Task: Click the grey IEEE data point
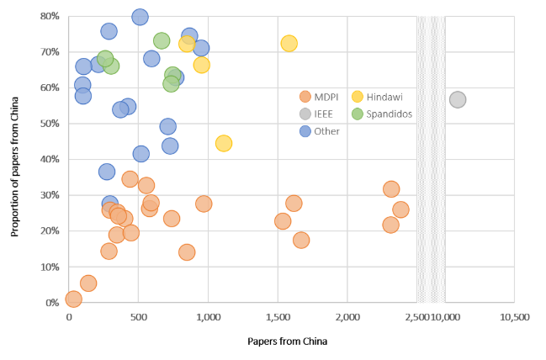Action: pyautogui.click(x=458, y=100)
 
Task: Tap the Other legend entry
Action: pyautogui.click(x=322, y=131)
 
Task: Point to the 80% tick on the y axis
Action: pyautogui.click(x=49, y=16)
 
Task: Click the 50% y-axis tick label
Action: pyautogui.click(x=49, y=124)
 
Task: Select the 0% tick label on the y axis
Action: pyautogui.click(x=51, y=303)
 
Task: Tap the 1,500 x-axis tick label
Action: pyautogui.click(x=278, y=317)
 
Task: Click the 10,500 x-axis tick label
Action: pyautogui.click(x=513, y=317)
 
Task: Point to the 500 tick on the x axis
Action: pyautogui.click(x=138, y=317)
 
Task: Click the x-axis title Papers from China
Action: pyautogui.click(x=286, y=341)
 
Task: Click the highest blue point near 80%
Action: pyautogui.click(x=140, y=17)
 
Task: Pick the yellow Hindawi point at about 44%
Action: pyautogui.click(x=224, y=143)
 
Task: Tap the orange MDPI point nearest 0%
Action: pyautogui.click(x=74, y=299)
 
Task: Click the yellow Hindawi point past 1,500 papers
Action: pyautogui.click(x=289, y=43)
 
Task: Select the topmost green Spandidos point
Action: pyautogui.click(x=162, y=40)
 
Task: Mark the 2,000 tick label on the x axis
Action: pyautogui.click(x=347, y=317)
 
